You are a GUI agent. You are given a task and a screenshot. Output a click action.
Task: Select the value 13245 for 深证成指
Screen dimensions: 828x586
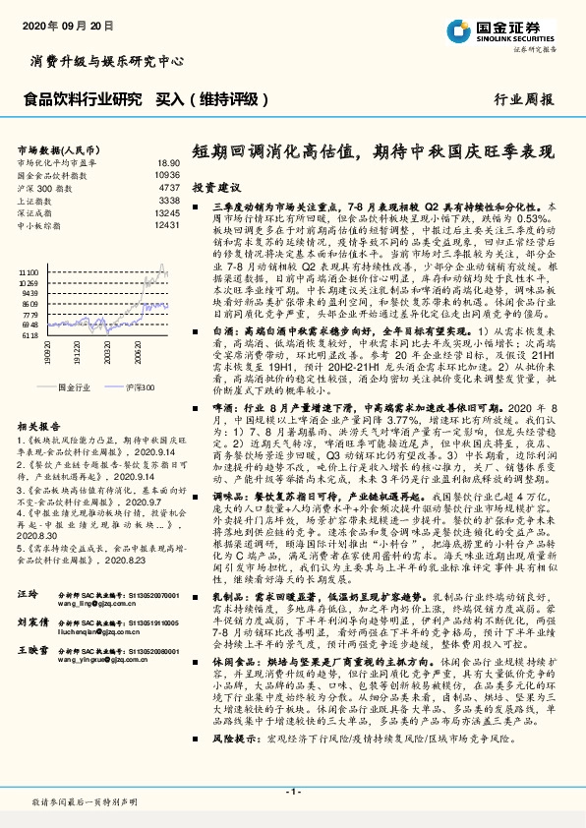point(166,212)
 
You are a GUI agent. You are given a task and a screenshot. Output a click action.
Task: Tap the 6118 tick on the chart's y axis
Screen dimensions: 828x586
point(31,334)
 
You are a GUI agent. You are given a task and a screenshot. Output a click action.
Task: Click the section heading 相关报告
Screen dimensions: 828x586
point(39,426)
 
